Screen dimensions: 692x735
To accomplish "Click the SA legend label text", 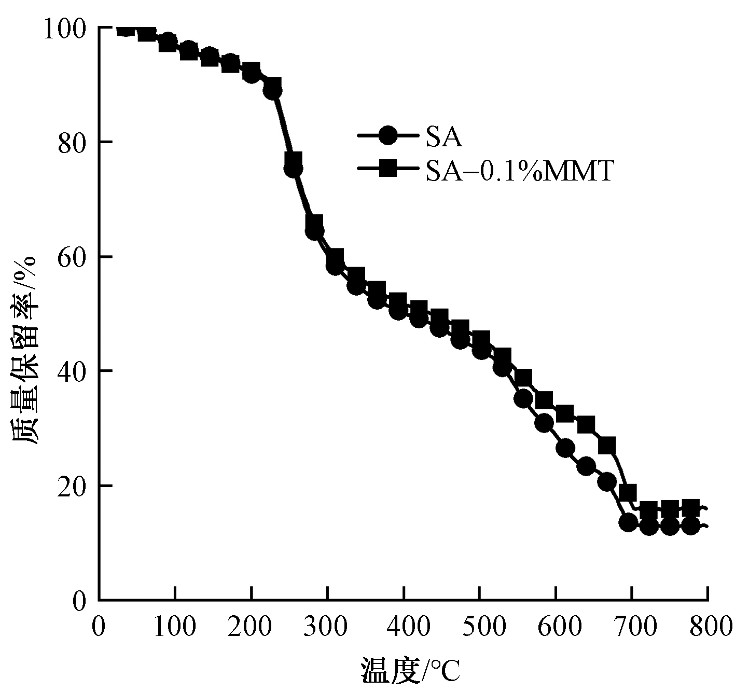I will (x=443, y=137).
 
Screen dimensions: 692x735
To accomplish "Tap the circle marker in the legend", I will (x=387, y=136).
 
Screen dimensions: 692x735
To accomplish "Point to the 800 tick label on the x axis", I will (x=708, y=626).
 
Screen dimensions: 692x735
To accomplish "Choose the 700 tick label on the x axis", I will (x=631, y=626).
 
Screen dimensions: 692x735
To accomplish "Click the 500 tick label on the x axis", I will (x=479, y=626).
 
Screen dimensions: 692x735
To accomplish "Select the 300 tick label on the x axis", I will (x=327, y=626).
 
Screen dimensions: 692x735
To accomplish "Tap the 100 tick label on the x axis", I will (x=175, y=626).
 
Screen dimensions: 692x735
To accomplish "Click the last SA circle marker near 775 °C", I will (x=690, y=526).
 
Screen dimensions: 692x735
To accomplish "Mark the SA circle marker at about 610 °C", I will (x=565, y=448).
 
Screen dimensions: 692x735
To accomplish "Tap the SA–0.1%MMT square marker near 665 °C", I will (x=607, y=445).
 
